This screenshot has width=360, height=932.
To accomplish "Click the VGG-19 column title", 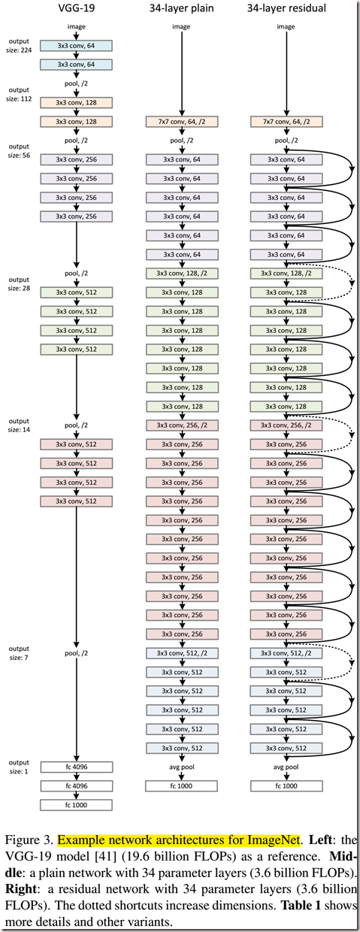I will coord(76,8).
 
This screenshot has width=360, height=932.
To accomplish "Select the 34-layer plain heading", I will coord(181,8).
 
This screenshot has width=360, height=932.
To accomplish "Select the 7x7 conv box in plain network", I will coord(181,121).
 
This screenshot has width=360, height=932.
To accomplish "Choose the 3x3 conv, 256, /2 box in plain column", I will coord(181,425).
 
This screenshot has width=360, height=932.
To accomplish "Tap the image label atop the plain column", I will coord(181,27).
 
